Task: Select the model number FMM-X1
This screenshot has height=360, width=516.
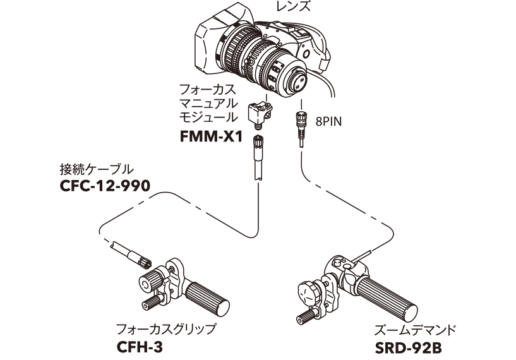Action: click(x=211, y=136)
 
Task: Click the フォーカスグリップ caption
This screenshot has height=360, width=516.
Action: click(x=165, y=329)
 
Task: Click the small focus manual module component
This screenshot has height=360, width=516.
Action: click(x=260, y=114)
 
